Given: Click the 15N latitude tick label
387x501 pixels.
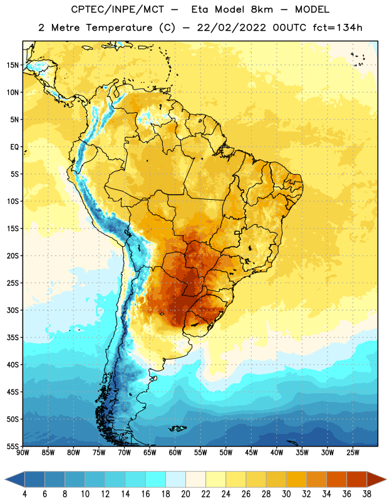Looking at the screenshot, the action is pyautogui.click(x=13, y=65).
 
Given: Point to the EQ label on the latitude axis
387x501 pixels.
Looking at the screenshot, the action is pyautogui.click(x=14, y=147).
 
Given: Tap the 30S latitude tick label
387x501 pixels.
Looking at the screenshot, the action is pyautogui.click(x=13, y=310).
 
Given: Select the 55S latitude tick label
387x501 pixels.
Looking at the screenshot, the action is pyautogui.click(x=13, y=447).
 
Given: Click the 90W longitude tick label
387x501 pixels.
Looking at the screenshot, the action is pyautogui.click(x=23, y=453).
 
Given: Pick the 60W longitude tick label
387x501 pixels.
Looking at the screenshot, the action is pyautogui.click(x=175, y=453).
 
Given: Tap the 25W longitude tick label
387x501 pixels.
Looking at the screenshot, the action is pyautogui.click(x=353, y=453).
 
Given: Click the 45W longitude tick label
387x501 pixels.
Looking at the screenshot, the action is pyautogui.click(x=251, y=453).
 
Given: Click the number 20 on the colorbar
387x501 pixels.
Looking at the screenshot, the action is pyautogui.click(x=185, y=494).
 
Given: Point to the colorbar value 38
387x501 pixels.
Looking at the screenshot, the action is pyautogui.click(x=367, y=494).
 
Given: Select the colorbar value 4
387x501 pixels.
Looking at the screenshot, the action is pyautogui.click(x=24, y=494).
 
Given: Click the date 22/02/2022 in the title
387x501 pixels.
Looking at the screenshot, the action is pyautogui.click(x=231, y=28).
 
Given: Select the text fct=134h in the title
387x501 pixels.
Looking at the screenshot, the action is pyautogui.click(x=338, y=28).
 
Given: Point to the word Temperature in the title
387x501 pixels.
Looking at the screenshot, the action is pyautogui.click(x=119, y=28).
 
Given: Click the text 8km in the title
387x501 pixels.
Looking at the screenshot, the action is pyautogui.click(x=262, y=9).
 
